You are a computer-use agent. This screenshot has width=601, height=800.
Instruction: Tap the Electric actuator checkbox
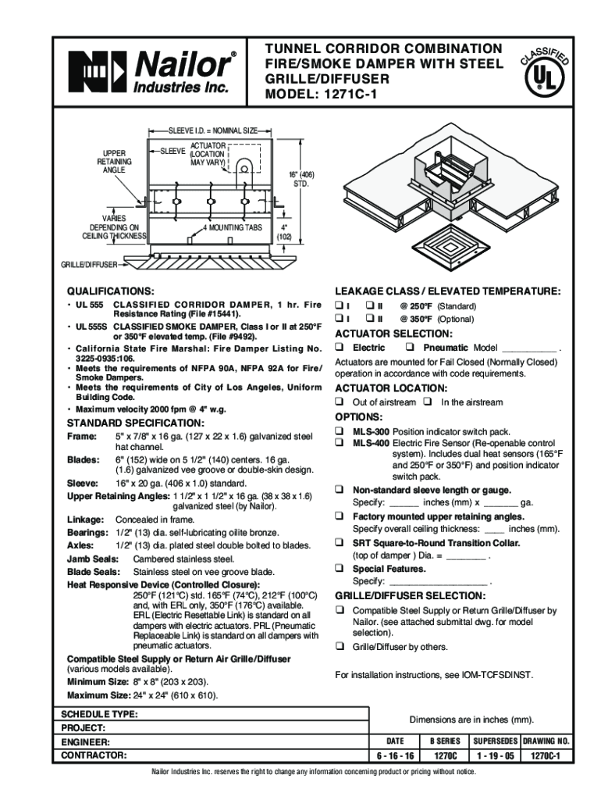340,347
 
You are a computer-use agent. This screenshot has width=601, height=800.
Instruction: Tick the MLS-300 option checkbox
340,431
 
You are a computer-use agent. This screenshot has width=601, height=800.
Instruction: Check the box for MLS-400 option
340,443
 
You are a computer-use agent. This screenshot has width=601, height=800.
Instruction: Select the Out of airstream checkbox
340,402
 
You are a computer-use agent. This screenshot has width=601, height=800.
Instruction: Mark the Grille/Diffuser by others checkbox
340,647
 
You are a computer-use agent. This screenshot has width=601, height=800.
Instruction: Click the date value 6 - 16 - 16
395,756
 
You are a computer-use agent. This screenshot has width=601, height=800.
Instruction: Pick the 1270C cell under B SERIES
445,756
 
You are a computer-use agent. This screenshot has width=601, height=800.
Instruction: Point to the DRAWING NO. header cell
546,740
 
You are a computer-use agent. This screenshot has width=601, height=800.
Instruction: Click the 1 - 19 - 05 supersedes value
493,756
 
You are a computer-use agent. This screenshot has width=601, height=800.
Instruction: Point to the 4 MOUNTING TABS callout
232,228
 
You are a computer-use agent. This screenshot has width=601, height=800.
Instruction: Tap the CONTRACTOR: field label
93,756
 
